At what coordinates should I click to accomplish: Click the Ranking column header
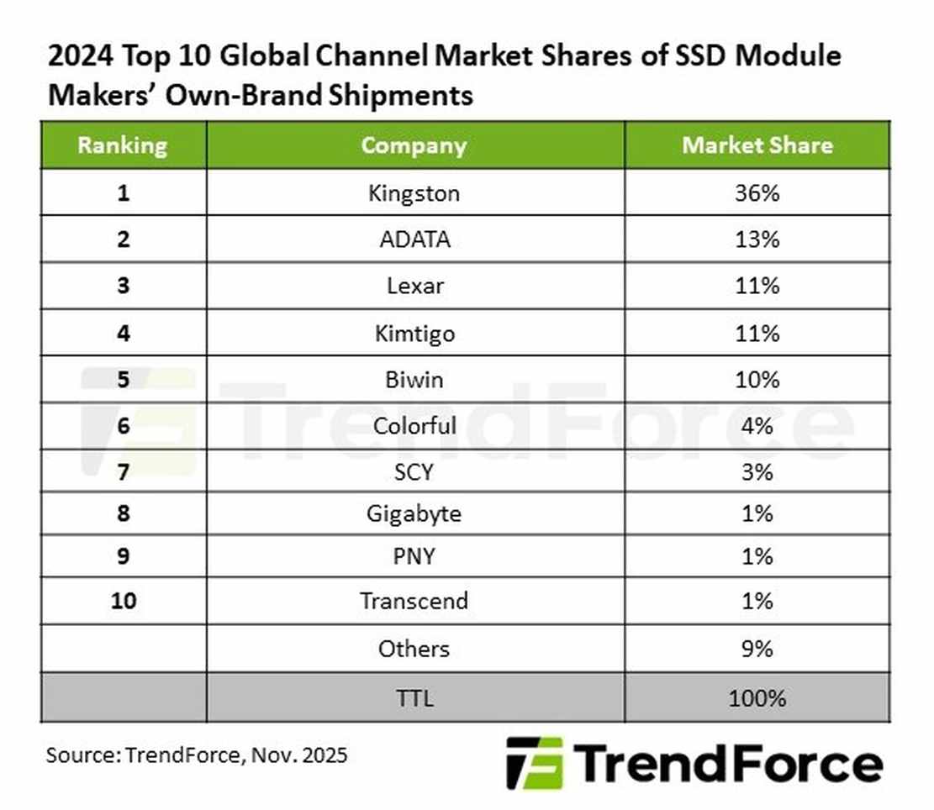coord(123,145)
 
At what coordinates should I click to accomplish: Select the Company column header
coord(414,145)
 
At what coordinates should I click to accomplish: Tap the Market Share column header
coord(757,145)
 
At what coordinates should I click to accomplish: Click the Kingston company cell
coord(414,193)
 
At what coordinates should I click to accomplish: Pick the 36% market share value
coord(757,193)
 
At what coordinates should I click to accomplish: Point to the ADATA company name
coord(414,239)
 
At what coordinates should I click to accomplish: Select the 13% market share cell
coord(757,239)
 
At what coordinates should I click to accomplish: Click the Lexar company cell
coord(414,287)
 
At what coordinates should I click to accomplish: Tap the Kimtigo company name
coord(414,334)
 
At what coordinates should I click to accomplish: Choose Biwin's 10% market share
coord(757,380)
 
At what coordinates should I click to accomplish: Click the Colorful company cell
coord(414,426)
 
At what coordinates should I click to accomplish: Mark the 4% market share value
coord(757,426)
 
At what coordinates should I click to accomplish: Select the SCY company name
coord(414,472)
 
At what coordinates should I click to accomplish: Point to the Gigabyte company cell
coord(414,513)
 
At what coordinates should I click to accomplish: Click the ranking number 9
coord(123,556)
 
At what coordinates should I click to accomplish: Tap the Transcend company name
coord(414,602)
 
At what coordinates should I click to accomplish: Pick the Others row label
coord(414,649)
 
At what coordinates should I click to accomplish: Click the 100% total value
coord(757,697)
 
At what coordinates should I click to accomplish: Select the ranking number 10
coord(123,602)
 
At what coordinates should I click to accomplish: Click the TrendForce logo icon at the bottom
coord(534,763)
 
